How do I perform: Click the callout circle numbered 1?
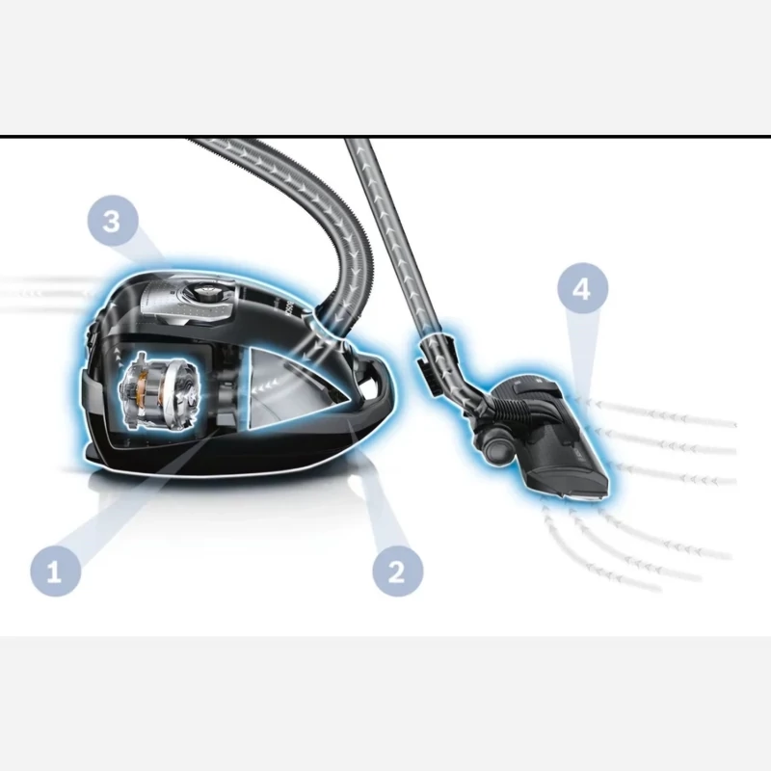[56, 571]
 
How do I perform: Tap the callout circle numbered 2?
[397, 571]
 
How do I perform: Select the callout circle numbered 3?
[113, 221]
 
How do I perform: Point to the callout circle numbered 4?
[583, 288]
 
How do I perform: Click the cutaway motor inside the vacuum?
[159, 391]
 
